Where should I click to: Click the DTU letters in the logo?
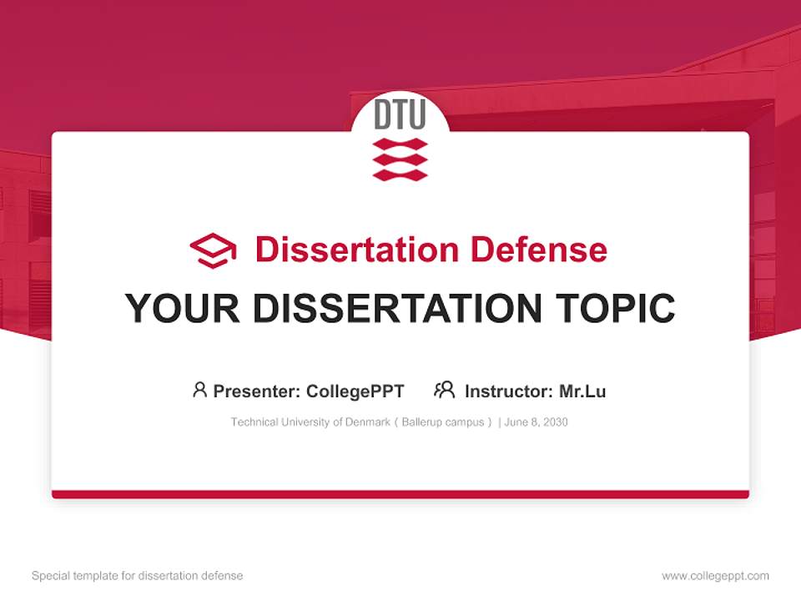400,115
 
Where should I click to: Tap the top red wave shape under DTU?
400,144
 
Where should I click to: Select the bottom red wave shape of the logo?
400,174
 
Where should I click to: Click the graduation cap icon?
213,250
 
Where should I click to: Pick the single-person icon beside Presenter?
199,390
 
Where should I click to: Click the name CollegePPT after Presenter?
355,391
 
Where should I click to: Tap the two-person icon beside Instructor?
445,390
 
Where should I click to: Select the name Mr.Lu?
582,391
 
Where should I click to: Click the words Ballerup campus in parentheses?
442,422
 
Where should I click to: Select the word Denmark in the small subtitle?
368,422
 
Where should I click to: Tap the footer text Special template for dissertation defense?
137,576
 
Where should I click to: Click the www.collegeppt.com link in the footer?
715,576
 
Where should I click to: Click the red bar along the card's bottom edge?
400,494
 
